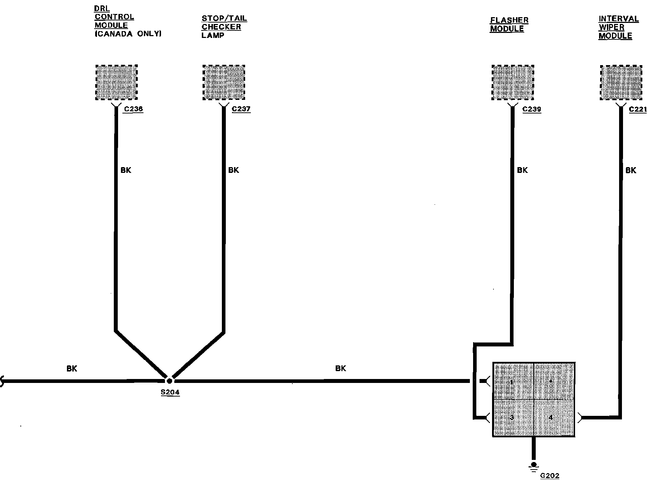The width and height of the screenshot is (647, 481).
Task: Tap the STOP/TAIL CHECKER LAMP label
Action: [224, 27]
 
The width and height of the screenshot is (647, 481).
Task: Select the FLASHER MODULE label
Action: [509, 24]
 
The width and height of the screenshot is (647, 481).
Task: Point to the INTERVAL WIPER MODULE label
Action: [618, 27]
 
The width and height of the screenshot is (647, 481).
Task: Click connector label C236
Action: [133, 109]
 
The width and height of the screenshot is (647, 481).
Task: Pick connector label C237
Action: [241, 109]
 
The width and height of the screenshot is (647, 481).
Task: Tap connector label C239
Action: [531, 109]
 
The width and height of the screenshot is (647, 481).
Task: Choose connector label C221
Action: [638, 109]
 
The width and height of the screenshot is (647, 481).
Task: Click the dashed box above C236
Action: [117, 83]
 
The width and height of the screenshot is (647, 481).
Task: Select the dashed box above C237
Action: [224, 83]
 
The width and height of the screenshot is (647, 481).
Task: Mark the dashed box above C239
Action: [513, 83]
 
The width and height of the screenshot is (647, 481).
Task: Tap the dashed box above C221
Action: [621, 83]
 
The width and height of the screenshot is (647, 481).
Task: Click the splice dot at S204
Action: [170, 381]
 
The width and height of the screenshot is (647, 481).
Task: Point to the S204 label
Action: [170, 392]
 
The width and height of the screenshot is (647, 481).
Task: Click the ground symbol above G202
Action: [534, 466]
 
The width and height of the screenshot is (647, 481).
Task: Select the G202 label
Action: [550, 476]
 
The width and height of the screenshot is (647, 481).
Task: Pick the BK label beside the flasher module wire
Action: [522, 170]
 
